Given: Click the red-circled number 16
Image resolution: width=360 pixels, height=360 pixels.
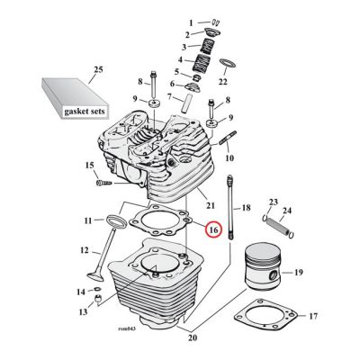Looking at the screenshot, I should pyautogui.click(x=212, y=230).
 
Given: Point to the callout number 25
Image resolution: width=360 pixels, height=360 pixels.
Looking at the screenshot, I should pyautogui.click(x=99, y=69).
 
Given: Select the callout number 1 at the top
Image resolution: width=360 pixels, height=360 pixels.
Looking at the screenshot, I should pyautogui.click(x=191, y=21).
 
